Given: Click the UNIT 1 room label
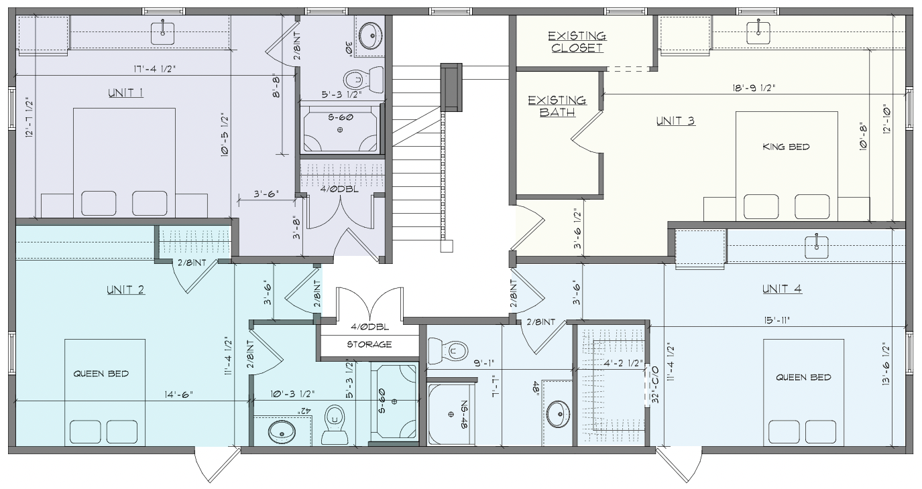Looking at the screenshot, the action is [x=125, y=93].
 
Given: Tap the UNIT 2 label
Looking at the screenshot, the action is [x=125, y=290].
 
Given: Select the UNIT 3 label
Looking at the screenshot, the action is [x=675, y=121].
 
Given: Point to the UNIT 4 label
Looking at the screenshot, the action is [x=782, y=289].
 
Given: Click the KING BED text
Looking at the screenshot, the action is [x=786, y=147].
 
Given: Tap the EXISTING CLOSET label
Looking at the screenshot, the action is [x=577, y=42].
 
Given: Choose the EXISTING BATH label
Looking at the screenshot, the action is [x=557, y=106].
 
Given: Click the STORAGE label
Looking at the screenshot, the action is [x=369, y=344].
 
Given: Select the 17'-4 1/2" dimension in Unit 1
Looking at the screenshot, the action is [x=154, y=69].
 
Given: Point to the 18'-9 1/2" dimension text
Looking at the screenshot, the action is [x=754, y=88].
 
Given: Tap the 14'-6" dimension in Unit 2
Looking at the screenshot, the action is [x=178, y=394].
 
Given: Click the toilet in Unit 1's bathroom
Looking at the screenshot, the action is [x=363, y=79].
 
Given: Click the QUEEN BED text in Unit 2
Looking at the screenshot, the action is [x=101, y=374].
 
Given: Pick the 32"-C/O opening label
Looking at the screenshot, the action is [x=655, y=385].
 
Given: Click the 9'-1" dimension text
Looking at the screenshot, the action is [x=483, y=363].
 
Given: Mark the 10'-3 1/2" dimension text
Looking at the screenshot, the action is [x=292, y=394].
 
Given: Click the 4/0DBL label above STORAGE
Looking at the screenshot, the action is [x=369, y=328].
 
